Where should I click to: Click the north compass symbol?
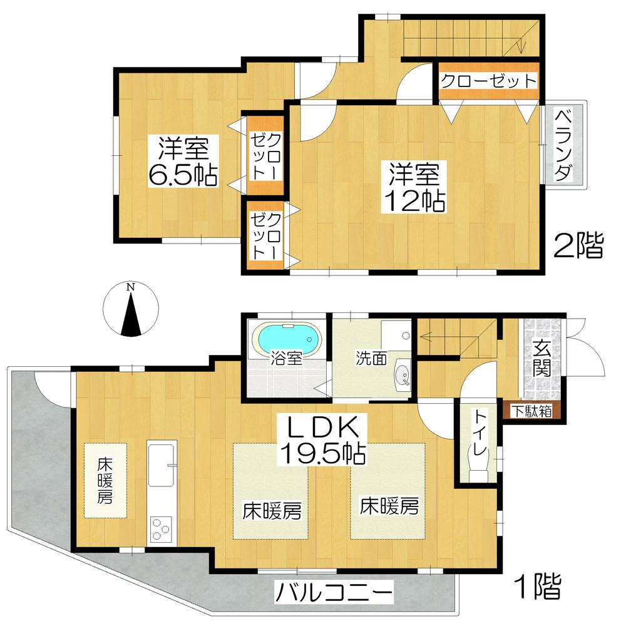(x=130, y=310)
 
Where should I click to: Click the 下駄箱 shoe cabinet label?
(x=530, y=411)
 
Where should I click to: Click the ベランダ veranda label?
(x=564, y=143)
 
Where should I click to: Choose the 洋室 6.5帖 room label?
(x=182, y=162)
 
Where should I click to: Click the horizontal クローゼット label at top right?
(x=488, y=81)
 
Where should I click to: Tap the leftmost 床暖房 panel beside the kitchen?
(x=105, y=480)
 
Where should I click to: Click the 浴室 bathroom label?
(x=287, y=359)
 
